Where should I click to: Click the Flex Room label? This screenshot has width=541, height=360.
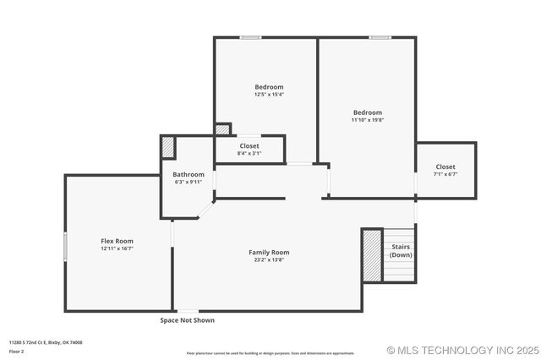click(x=117, y=241)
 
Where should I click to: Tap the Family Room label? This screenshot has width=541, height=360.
click(x=269, y=252)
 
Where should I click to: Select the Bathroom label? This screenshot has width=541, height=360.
click(x=189, y=174)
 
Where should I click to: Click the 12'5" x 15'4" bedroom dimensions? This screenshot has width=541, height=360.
click(x=269, y=95)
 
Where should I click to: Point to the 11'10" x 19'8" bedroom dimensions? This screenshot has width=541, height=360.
click(x=368, y=120)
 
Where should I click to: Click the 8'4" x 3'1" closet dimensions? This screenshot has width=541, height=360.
click(x=249, y=153)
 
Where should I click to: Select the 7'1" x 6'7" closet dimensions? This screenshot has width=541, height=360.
click(x=445, y=174)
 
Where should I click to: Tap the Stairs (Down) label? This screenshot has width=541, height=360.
click(x=401, y=251)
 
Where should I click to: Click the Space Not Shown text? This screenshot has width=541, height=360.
click(x=188, y=320)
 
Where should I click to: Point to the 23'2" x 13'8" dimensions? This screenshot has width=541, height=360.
click(x=269, y=259)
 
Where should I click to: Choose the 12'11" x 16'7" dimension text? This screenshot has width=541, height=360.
click(x=117, y=248)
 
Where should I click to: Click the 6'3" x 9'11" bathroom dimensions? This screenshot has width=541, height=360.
click(x=189, y=182)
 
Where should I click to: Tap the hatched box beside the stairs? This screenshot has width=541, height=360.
click(x=372, y=254)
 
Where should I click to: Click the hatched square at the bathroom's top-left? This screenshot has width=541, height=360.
click(x=168, y=147)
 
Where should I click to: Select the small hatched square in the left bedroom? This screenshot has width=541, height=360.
click(x=221, y=129)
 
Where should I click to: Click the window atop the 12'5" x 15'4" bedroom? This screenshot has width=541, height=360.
click(x=250, y=37)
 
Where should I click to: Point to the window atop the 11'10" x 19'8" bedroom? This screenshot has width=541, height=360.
click(x=380, y=37)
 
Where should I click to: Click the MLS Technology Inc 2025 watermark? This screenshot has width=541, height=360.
click(x=462, y=350)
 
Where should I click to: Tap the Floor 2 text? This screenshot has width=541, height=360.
click(x=17, y=351)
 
